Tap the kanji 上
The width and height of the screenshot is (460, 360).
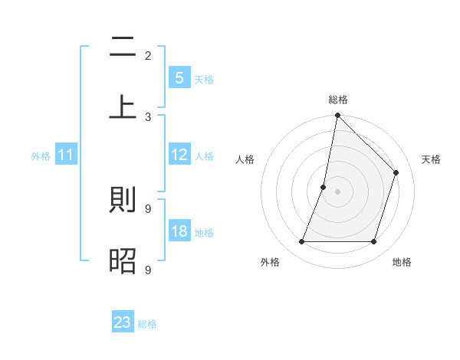point(123,106)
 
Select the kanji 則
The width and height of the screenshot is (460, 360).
point(123,201)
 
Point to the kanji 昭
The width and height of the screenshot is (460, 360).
point(123,260)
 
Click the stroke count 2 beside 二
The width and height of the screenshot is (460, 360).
point(148,55)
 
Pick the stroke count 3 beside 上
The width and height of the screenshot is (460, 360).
point(148,116)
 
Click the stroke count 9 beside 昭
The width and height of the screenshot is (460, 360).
point(148,270)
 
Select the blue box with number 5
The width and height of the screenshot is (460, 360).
point(179,77)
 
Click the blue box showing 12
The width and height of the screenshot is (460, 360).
point(179,155)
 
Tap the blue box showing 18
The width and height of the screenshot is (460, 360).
point(179,231)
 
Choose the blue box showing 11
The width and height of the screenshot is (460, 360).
point(66,155)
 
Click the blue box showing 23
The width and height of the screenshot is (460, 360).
point(123,322)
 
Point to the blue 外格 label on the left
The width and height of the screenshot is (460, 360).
point(41,156)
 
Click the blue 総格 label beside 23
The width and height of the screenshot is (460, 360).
point(147,324)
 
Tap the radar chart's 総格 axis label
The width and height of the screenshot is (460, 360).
point(337,100)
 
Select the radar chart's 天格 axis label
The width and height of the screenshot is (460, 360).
point(431,159)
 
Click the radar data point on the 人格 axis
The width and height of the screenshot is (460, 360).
point(324,187)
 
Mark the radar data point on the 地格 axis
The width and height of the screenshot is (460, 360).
point(373,241)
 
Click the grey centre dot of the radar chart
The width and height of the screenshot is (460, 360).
point(337,191)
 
